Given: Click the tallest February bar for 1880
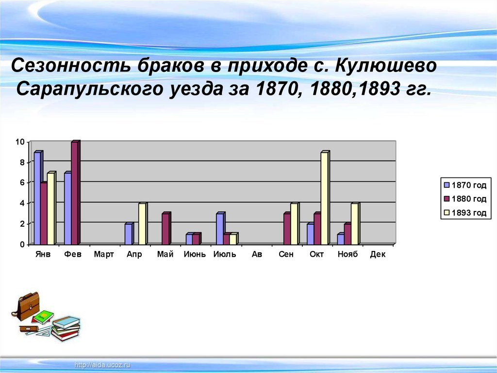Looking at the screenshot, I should coord(75,193).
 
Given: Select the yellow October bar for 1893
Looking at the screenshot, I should coord(324,198).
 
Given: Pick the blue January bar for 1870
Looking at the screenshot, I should coord(37,198).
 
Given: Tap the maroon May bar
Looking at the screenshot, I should coord(166,229).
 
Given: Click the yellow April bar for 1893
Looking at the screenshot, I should coord(142,224).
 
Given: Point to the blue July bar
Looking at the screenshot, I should coord(219,229).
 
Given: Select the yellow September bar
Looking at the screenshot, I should coord(294,224).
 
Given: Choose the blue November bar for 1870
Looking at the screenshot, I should coord(340,239).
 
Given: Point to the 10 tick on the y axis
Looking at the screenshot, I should coord(20,142).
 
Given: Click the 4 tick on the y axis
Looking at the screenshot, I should coord(22,203).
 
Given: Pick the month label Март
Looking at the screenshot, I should coord(104,254).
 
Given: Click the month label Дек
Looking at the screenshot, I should coord(377,254).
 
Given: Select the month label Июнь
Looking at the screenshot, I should coord(195,254).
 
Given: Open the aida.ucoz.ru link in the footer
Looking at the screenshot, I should coord(103,365).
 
